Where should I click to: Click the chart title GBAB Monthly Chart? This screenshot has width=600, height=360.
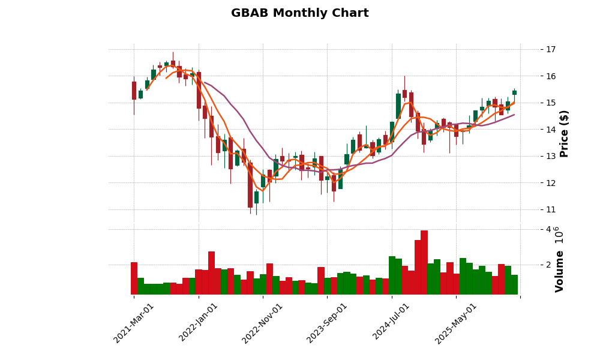pos(299,13)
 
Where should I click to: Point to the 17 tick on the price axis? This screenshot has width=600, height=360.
pos(533,49)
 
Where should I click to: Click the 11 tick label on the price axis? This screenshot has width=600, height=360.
pos(533,209)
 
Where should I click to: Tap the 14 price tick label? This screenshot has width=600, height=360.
pos(533,130)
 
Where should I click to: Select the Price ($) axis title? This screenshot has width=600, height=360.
pos(564,133)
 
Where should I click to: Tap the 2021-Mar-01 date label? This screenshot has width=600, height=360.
pos(134,323)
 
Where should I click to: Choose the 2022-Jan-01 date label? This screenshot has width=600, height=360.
pos(199,323)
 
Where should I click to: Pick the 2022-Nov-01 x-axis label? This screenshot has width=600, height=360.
pos(263,323)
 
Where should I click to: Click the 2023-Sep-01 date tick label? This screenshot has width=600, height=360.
pos(327,323)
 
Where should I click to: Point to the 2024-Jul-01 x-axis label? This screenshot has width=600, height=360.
pos(391,323)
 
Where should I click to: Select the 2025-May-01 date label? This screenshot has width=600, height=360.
pos(456,323)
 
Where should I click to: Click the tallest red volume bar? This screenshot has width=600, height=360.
pos(424,262)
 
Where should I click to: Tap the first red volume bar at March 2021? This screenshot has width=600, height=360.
pos(134,278)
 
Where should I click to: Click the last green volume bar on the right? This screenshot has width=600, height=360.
pos(514,284)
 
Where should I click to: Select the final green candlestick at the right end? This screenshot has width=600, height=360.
pos(514,92)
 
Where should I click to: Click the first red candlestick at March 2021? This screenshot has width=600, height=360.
pos(134,90)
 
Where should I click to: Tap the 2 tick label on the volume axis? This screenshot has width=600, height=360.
pos(531,265)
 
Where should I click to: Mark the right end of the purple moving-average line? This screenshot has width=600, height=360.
pos(514,115)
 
